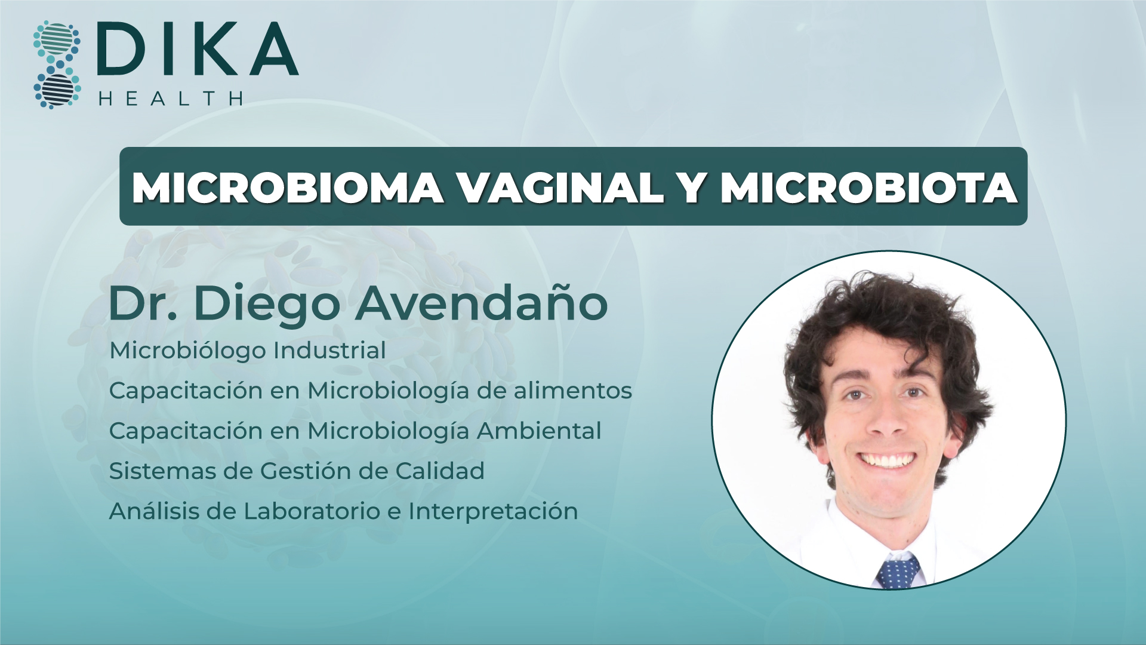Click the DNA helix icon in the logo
(x=57, y=64)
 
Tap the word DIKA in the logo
(x=198, y=49)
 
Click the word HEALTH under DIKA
(x=171, y=99)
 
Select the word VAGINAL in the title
(x=560, y=188)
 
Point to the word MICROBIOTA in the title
(x=868, y=188)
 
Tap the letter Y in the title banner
(x=692, y=188)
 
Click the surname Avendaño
(x=482, y=303)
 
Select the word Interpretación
(x=493, y=511)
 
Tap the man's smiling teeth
(x=888, y=460)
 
